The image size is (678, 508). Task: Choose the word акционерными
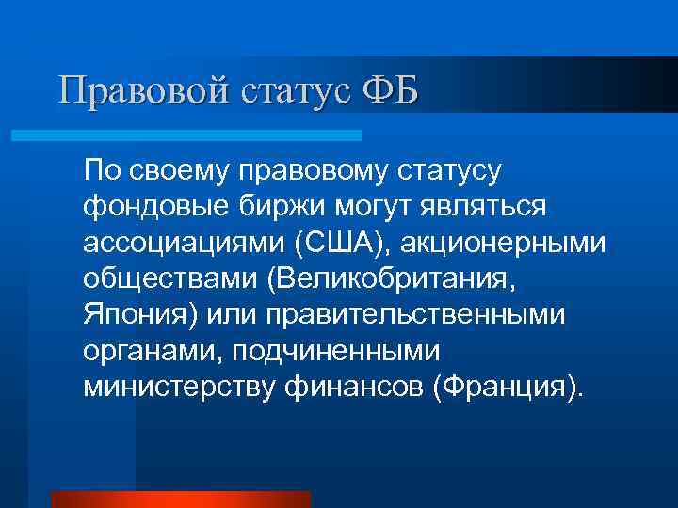pos(503,243)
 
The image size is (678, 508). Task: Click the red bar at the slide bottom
pos(180,500)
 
